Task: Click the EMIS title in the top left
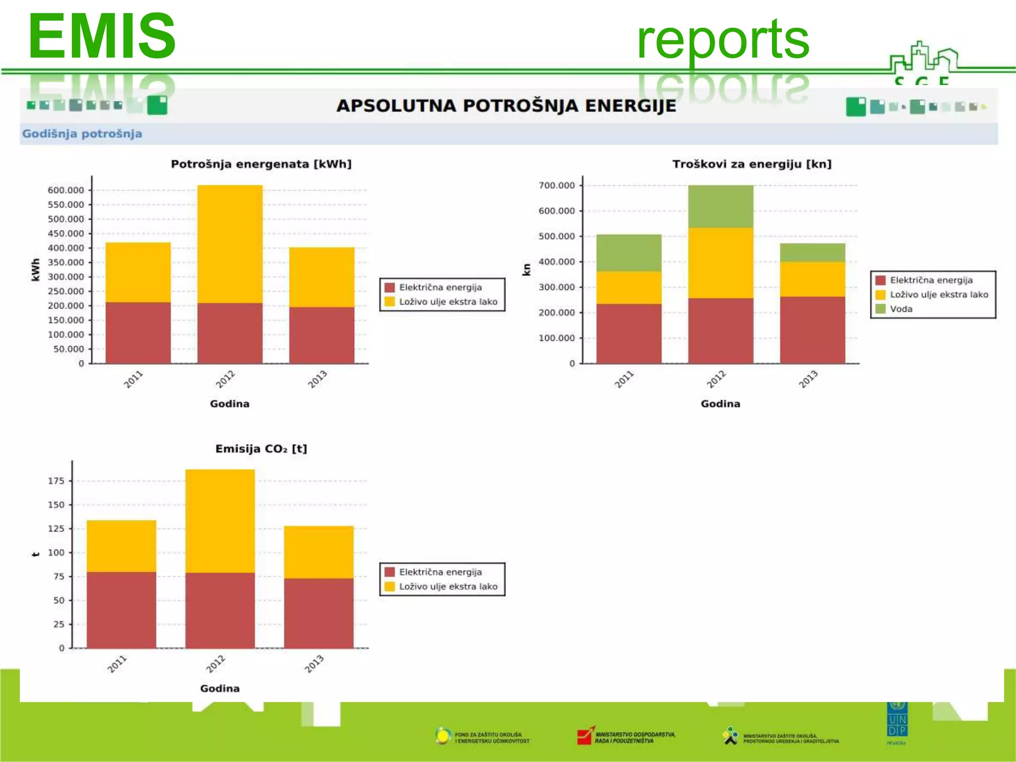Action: (x=102, y=36)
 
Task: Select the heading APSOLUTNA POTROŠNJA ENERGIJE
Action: (x=506, y=106)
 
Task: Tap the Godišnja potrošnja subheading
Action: (x=82, y=133)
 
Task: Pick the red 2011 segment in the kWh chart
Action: (x=138, y=332)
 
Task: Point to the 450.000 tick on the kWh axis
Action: (x=66, y=233)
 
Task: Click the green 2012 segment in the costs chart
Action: (x=720, y=206)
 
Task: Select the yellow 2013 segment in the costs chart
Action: (x=812, y=279)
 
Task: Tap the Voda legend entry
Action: (x=901, y=309)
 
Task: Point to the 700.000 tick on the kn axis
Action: (x=557, y=185)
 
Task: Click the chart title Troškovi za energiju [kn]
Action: (x=752, y=164)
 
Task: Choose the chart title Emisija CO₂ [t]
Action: (x=261, y=448)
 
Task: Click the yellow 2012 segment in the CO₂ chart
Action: (x=220, y=521)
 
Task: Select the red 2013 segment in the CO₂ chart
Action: (x=318, y=613)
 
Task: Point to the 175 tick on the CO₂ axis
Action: (x=57, y=480)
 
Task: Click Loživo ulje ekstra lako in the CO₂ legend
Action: (x=448, y=586)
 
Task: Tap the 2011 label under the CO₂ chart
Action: (x=117, y=664)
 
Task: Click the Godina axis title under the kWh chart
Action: (x=229, y=403)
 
